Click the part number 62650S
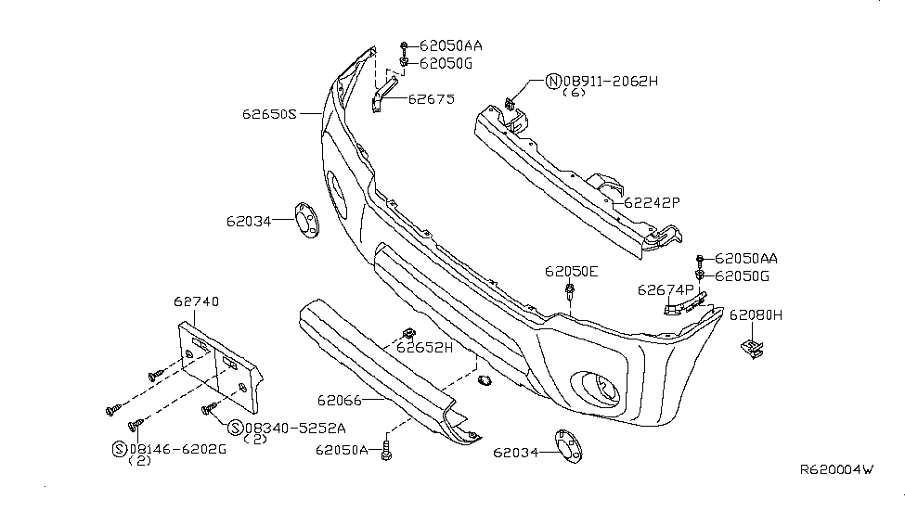tap(268, 115)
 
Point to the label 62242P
tap(652, 200)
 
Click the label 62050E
tap(572, 271)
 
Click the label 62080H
tap(756, 315)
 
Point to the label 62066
tap(341, 401)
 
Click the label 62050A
tap(343, 451)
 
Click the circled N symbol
tap(554, 82)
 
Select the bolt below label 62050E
tap(568, 295)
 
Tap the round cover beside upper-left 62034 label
tap(304, 220)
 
